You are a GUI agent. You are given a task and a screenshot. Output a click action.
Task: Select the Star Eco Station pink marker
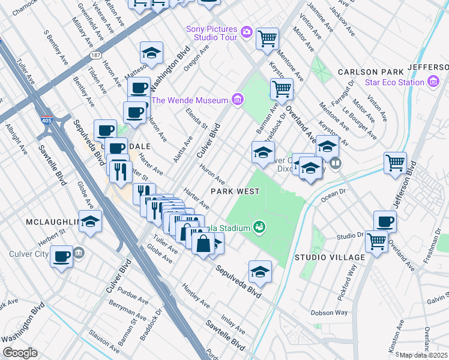pos(432,82)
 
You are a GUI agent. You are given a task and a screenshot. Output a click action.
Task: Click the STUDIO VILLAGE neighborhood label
pos(330,257)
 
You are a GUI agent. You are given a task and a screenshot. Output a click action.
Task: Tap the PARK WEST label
pos(235,191)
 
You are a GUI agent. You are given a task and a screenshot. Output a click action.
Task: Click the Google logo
pos(19,353)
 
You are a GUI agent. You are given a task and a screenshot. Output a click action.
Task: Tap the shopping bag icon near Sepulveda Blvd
pos(203,243)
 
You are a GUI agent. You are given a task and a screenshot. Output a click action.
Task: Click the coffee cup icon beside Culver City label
pos(61,257)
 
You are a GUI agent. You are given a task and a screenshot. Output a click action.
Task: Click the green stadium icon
pos(259,226)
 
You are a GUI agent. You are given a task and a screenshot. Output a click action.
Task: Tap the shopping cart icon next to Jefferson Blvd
pos(395,163)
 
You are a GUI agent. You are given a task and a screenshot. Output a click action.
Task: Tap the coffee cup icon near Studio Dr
pos(385,221)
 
